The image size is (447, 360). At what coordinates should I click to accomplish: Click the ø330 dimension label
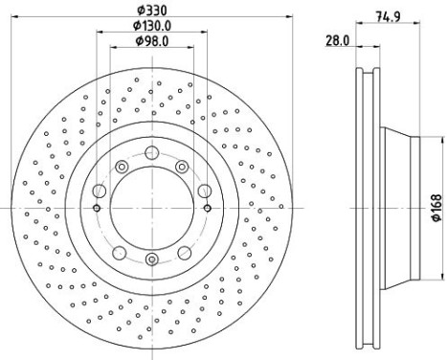[x=152, y=11]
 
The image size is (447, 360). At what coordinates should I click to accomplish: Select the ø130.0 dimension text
[x=152, y=26]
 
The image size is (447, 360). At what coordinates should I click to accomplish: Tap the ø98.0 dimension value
[x=152, y=41]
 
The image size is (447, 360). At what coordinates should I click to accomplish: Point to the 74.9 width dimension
[x=388, y=16]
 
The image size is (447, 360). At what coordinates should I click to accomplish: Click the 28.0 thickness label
[x=338, y=41]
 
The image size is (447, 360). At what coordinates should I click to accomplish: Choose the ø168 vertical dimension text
[x=436, y=208]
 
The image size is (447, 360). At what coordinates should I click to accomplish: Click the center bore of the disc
[x=152, y=208]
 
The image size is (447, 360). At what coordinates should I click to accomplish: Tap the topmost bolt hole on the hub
[x=152, y=152]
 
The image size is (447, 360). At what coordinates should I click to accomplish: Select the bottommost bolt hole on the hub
[x=152, y=259]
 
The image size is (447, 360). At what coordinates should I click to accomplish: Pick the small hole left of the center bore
[x=97, y=209]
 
